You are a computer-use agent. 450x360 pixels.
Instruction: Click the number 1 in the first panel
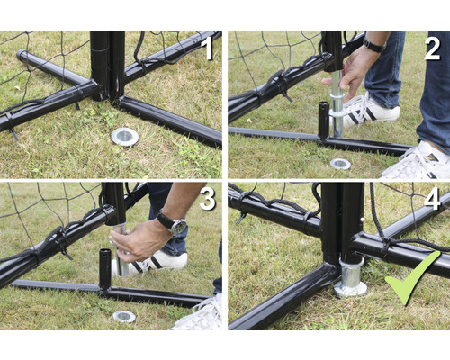207,49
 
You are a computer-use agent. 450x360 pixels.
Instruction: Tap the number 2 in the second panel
432,49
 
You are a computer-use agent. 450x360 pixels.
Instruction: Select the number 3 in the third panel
208,199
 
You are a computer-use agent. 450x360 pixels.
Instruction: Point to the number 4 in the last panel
432,199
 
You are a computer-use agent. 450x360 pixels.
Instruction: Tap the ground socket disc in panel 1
125,137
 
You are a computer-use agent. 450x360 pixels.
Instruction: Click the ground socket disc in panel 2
340,164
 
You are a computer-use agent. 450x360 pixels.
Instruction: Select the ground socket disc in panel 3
124,317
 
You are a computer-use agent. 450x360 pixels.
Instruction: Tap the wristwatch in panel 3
174,222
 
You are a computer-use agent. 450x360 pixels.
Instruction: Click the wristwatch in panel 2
373,45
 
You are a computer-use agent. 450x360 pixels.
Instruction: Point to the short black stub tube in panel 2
324,120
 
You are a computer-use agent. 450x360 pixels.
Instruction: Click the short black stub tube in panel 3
105,268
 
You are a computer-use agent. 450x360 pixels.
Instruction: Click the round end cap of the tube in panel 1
21,55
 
